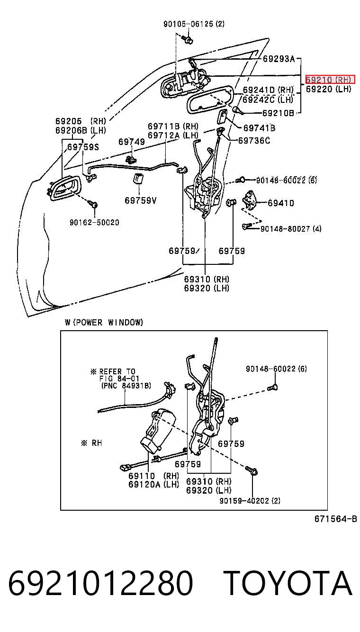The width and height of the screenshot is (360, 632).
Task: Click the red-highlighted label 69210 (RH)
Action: coord(330,80)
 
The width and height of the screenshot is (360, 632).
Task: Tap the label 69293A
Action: coord(279,59)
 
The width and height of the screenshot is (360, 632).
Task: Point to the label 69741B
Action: coord(259,128)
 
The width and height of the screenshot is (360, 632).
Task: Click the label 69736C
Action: coord(254,140)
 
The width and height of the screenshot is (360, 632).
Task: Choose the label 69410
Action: coord(281,203)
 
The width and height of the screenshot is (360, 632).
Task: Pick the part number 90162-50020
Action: coord(95,222)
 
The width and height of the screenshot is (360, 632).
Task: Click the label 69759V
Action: coord(141,200)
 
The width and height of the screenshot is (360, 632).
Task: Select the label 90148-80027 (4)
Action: coord(291,228)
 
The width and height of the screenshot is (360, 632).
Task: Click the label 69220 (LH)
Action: coord(329,89)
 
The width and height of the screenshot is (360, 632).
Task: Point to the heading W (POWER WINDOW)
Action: coord(104,322)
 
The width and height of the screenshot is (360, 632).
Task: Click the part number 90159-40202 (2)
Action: coord(250,500)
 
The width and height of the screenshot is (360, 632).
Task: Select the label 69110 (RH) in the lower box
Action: coord(154,476)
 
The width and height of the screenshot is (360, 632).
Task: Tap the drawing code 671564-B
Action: coord(336,519)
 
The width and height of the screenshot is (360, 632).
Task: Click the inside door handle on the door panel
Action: coord(64,188)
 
